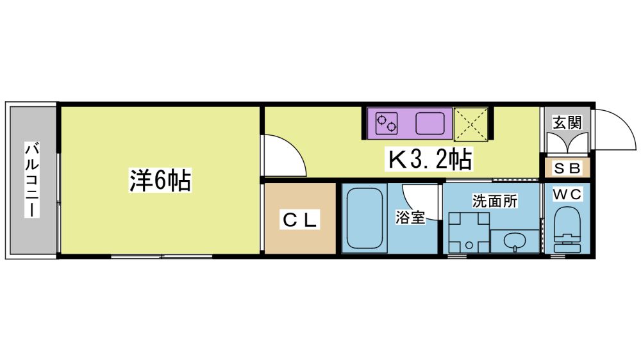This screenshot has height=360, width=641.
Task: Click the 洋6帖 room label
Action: (160, 180)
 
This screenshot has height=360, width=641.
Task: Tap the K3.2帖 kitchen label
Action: (429, 160)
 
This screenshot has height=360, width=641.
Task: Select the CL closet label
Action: (300, 220)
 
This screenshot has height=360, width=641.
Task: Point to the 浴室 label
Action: (410, 217)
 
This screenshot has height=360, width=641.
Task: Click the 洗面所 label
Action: (495, 200)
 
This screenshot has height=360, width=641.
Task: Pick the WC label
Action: (567, 195)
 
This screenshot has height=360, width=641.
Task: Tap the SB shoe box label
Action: (567, 168)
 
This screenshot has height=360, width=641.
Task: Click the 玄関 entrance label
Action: (567, 122)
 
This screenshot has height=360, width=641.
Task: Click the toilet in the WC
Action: (567, 230)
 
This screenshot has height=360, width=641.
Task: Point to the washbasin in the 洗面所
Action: (514, 241)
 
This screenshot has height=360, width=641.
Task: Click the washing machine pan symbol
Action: (469, 233)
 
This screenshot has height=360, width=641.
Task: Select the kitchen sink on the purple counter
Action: (430, 124)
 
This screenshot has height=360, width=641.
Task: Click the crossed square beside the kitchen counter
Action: (471, 124)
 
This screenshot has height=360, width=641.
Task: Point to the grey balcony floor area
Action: (33, 180)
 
